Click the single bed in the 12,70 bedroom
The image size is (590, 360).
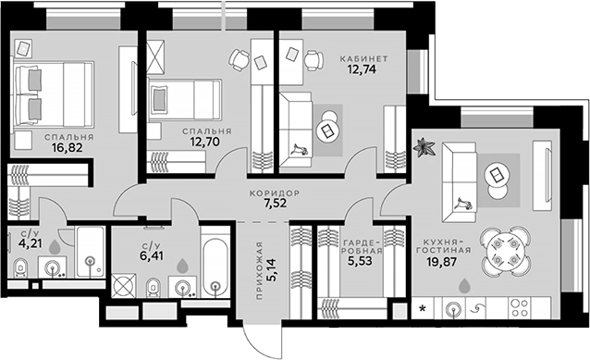coord(185,96)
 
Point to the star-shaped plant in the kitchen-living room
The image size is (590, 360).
coord(426,146)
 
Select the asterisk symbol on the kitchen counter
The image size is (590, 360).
coord(424,305)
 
